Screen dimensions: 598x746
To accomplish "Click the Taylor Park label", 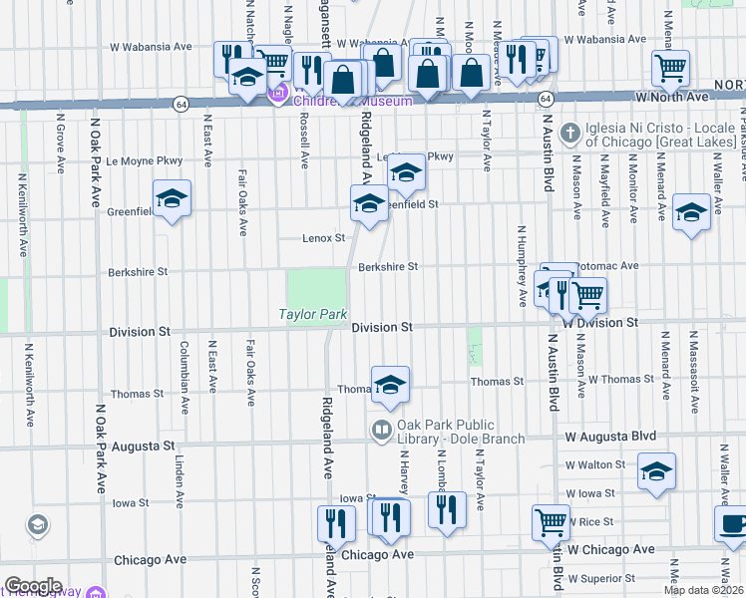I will [x=312, y=315].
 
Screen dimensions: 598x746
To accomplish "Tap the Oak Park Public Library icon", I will [x=380, y=431].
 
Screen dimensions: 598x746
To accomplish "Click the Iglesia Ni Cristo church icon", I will [x=569, y=132].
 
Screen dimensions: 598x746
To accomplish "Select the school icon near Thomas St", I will [x=391, y=384].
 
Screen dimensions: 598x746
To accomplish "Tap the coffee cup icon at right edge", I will [x=733, y=525].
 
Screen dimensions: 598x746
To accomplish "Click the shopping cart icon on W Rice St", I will [x=551, y=520].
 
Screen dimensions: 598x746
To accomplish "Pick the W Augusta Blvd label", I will [x=610, y=437].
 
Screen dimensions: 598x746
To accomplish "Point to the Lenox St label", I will [x=324, y=238].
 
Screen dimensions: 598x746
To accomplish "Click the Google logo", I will [x=33, y=585].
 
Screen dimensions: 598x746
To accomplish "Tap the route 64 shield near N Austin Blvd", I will [x=546, y=100].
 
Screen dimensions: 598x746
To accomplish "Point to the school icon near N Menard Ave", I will [x=691, y=211].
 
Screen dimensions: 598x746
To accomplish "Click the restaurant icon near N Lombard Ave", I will [x=447, y=509].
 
